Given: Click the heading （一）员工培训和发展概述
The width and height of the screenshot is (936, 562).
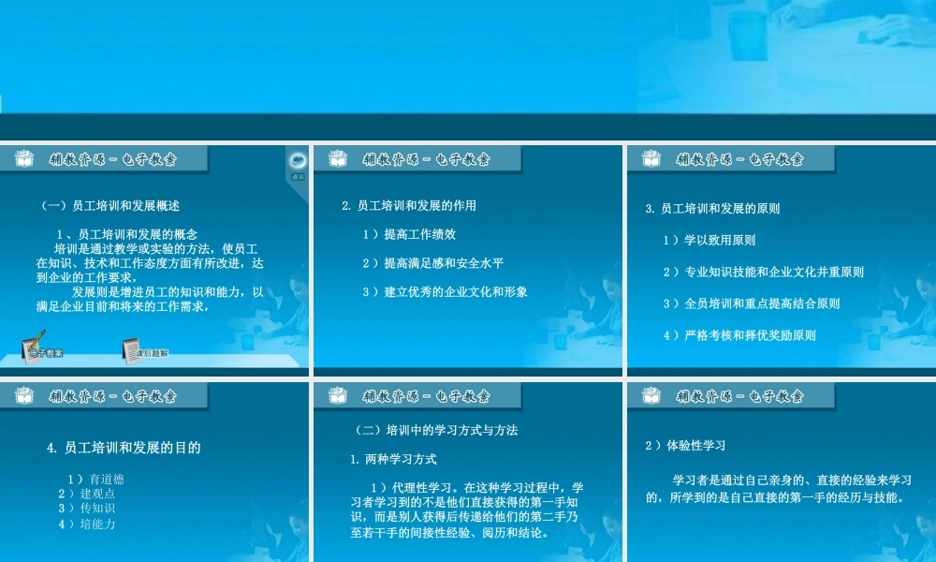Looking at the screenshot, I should [110, 205].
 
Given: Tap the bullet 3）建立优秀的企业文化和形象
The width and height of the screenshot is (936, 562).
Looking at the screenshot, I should [445, 291].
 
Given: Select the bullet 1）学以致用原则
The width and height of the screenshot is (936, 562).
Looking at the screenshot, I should [709, 240].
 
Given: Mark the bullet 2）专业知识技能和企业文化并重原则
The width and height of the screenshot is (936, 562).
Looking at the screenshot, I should [763, 272].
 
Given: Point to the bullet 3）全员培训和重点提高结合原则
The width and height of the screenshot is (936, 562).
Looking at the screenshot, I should [751, 303].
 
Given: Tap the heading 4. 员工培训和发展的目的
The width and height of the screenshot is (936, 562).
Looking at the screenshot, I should [124, 448].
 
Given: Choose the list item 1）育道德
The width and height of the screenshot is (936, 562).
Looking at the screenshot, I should [101, 480].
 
